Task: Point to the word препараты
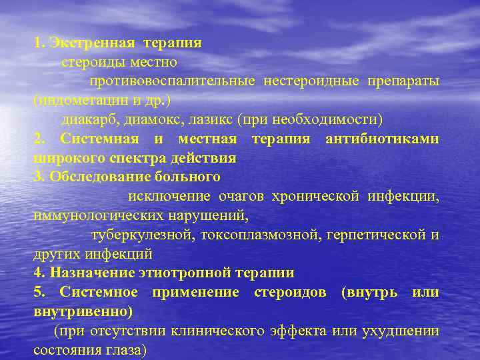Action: click(x=403, y=81)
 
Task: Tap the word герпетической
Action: click(x=375, y=235)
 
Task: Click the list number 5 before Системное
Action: click(x=38, y=292)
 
